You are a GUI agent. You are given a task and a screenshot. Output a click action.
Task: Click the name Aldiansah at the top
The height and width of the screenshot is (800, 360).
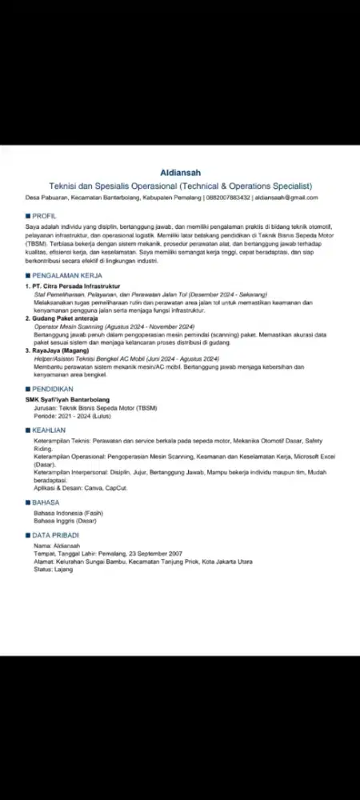(x=180, y=172)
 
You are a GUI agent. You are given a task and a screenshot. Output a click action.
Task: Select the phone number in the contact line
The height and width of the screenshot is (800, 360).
(x=228, y=198)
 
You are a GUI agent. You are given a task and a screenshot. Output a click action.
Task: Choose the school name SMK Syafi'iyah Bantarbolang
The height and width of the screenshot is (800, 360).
(x=67, y=398)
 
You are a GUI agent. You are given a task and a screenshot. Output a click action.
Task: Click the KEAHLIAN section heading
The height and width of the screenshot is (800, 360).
(x=49, y=430)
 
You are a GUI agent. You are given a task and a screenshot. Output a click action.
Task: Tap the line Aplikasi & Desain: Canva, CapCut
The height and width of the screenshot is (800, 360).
(x=80, y=488)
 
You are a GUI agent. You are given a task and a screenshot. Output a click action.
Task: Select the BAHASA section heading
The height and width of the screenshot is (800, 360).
(x=46, y=502)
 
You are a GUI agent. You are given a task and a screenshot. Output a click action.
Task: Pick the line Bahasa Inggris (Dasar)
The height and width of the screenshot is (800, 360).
(x=66, y=521)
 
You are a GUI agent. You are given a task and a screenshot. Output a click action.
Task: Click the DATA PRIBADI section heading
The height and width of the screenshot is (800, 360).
(x=56, y=534)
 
